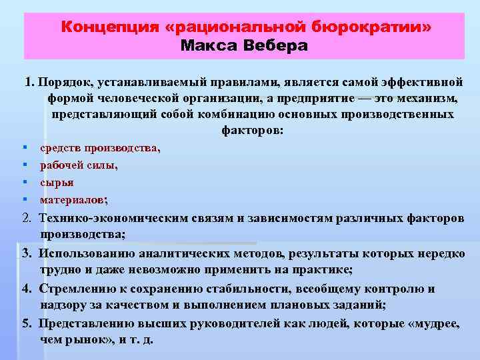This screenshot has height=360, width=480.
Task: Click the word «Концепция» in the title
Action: pos(109,27)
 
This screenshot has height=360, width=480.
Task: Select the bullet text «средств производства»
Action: pos(99,148)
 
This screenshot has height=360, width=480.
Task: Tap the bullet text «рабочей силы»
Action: pos(78,165)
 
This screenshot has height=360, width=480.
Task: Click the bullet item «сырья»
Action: pos(57,182)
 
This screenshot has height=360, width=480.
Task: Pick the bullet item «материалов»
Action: pos(73,199)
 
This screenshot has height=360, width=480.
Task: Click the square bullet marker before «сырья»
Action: pos(24,182)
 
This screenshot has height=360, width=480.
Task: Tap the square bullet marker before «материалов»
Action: pos(24,199)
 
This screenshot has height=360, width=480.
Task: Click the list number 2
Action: pos(26,218)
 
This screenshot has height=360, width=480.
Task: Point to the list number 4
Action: pos(25,289)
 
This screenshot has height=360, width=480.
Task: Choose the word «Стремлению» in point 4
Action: pos(77,289)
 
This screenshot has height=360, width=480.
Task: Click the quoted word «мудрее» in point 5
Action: pos(433,323)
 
